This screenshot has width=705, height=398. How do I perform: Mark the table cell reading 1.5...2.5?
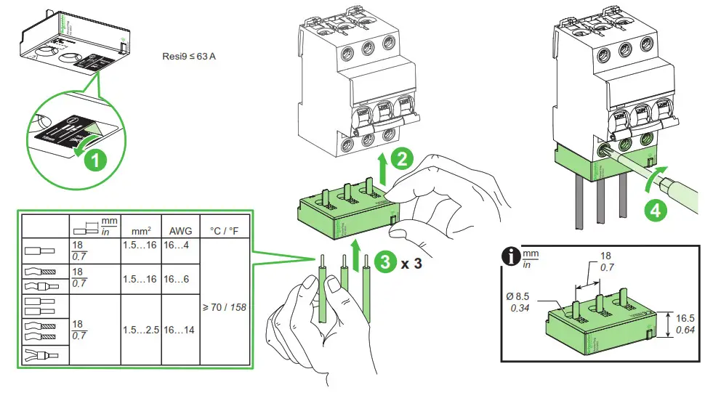point(141,329)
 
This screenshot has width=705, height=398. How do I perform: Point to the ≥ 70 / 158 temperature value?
point(225,306)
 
